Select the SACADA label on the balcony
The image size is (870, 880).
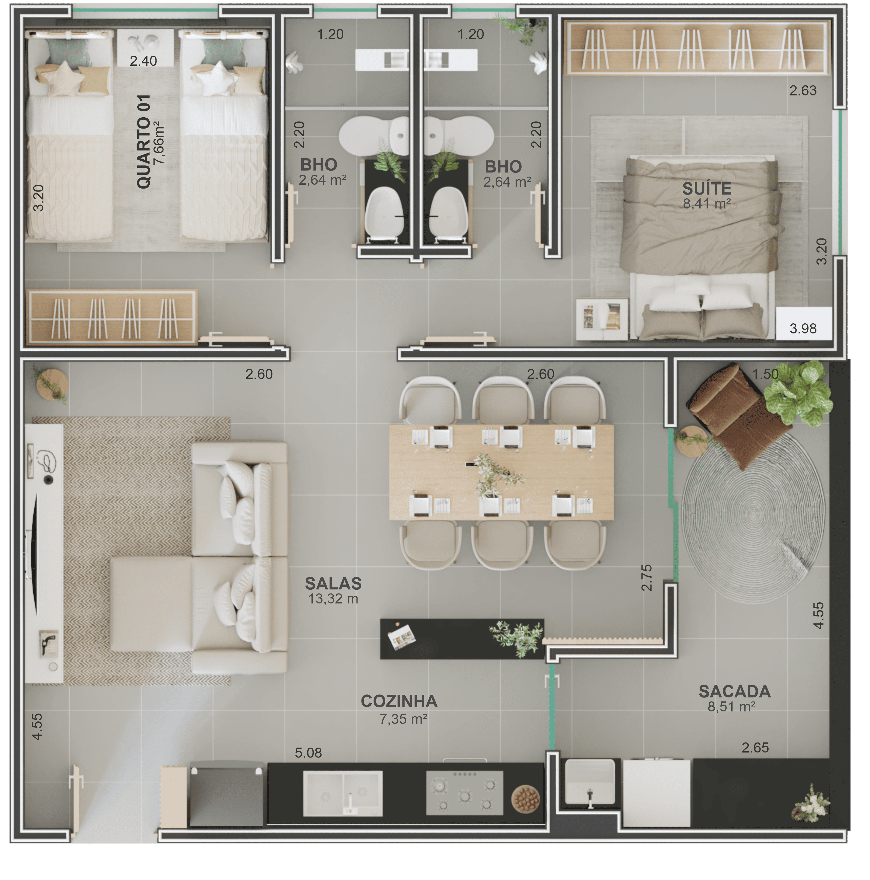[734, 691]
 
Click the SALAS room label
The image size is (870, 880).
[333, 583]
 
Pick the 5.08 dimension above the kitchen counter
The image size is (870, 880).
[308, 753]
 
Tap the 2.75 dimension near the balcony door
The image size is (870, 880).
[646, 578]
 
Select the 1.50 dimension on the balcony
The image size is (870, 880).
[765, 374]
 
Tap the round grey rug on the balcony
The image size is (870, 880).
[753, 516]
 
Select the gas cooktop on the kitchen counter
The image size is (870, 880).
[464, 793]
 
